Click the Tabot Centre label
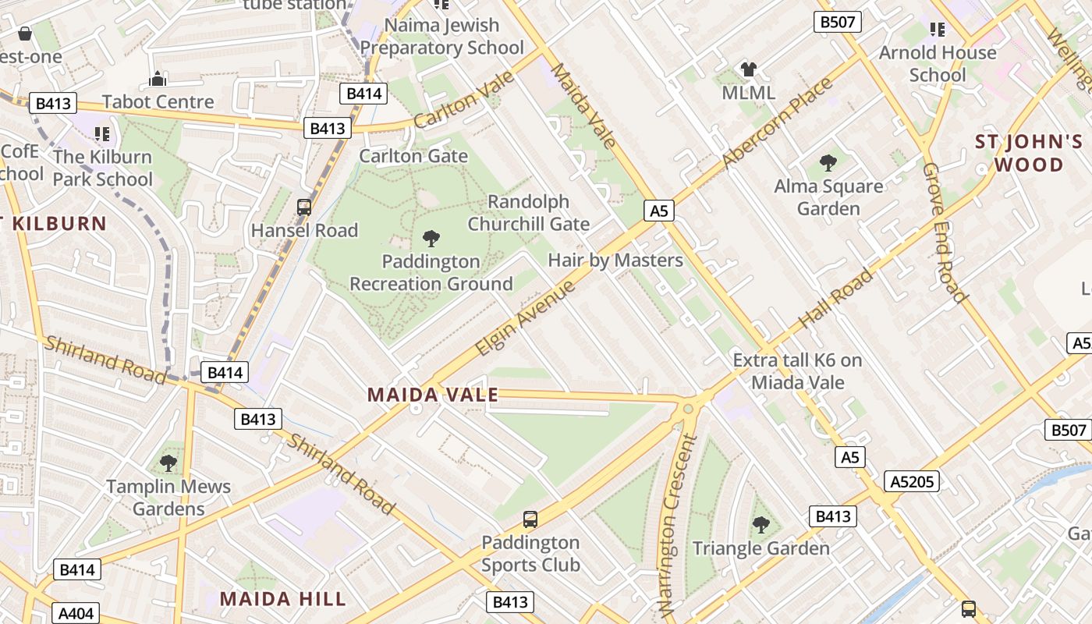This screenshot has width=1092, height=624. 158,101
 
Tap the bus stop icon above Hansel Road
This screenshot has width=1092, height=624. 304,207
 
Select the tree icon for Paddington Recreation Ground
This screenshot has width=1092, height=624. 431,238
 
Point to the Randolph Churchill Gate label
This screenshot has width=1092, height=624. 528,213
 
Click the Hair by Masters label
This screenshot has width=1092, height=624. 615,260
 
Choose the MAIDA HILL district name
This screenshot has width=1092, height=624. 282,599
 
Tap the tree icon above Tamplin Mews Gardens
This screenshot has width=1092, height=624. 168,463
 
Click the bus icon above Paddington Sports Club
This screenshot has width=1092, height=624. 530,519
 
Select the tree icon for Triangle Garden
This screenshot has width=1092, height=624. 760,524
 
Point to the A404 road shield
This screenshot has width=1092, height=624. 76,613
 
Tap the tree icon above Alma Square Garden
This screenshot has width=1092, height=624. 828,163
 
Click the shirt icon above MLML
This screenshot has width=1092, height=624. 749,69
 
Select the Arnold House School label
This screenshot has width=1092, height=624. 937,64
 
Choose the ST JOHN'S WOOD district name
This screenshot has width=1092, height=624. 1029,153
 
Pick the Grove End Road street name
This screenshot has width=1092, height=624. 944,232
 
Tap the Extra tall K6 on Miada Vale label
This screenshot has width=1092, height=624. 797,371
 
